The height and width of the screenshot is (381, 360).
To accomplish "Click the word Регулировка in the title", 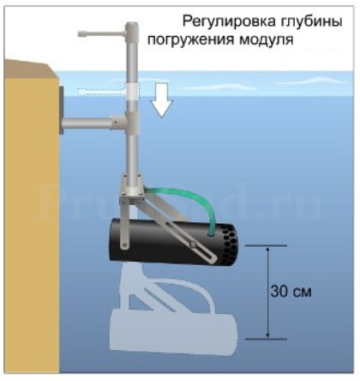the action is [229, 22].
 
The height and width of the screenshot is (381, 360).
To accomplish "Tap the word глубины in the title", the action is [310, 22].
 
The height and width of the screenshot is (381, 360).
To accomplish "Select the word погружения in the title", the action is [190, 40].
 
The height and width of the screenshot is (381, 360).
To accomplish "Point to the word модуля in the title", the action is [266, 40].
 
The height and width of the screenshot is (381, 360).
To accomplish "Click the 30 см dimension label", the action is [291, 292].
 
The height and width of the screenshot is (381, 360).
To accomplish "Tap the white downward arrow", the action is [162, 100].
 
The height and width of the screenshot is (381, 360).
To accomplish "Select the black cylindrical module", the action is [173, 243].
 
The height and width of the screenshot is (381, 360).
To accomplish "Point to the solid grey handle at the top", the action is [101, 33].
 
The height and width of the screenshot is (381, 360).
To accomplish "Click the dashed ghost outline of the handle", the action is [101, 92].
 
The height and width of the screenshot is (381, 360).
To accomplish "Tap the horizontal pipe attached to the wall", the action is [87, 124].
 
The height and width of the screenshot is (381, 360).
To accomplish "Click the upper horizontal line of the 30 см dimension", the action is [266, 245].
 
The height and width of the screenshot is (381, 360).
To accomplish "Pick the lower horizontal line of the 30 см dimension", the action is [266, 339].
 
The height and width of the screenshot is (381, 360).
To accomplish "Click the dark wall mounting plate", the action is [61, 110].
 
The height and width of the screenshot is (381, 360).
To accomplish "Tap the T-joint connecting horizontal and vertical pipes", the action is [126, 122].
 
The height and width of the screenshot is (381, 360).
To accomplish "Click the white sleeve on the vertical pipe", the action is [132, 91].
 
